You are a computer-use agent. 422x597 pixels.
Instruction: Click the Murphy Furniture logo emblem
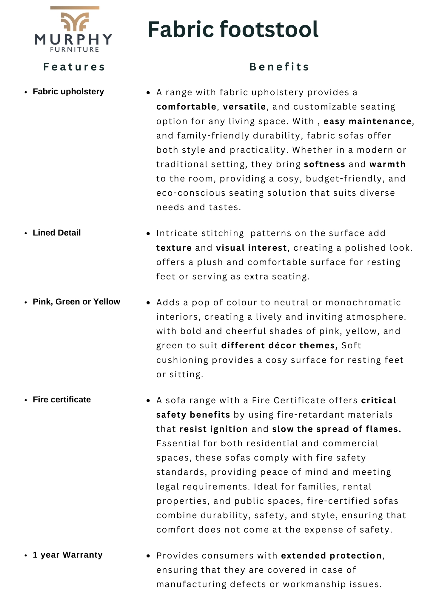75,21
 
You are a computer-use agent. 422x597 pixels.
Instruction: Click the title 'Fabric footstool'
233,30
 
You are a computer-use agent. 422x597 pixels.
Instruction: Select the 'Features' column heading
74,67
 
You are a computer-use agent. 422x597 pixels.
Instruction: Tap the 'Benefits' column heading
279,67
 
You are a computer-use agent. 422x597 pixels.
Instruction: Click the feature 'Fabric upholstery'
68,92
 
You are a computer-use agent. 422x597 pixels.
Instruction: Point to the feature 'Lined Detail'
57,233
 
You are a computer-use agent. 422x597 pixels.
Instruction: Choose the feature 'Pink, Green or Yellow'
76,302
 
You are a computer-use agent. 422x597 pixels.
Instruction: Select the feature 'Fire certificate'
62,400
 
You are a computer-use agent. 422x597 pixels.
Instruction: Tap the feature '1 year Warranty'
68,555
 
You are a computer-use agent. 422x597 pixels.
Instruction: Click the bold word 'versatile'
244,107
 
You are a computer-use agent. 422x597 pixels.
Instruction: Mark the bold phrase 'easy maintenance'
367,121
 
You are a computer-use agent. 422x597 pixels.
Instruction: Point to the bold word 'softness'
324,164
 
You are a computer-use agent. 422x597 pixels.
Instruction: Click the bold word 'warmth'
387,164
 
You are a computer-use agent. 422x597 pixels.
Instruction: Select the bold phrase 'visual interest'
251,248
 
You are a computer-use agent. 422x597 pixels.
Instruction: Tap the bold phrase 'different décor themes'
279,346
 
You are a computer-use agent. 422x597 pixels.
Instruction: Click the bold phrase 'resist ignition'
214,429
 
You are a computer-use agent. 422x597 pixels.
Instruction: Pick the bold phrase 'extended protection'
331,556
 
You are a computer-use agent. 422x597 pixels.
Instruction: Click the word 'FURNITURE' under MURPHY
75,50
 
